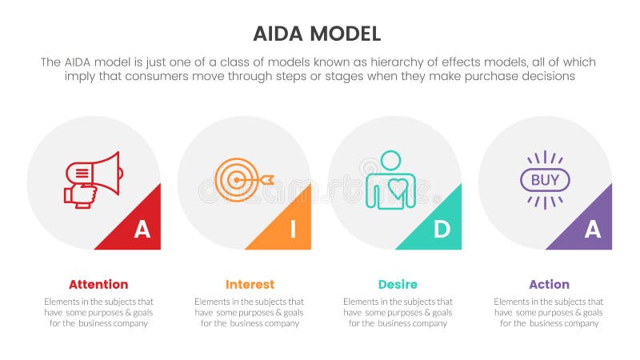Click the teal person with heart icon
(390, 181)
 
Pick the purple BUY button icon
(545, 179)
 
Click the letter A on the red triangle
(142, 230)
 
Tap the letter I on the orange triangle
(292, 230)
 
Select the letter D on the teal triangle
(442, 230)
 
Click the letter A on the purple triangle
(592, 230)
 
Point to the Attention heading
(98, 284)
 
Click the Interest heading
(250, 284)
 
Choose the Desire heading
(398, 284)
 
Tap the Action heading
(549, 284)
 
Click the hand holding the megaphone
(81, 194)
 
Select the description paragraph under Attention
(98, 312)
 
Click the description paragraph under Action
(549, 312)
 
